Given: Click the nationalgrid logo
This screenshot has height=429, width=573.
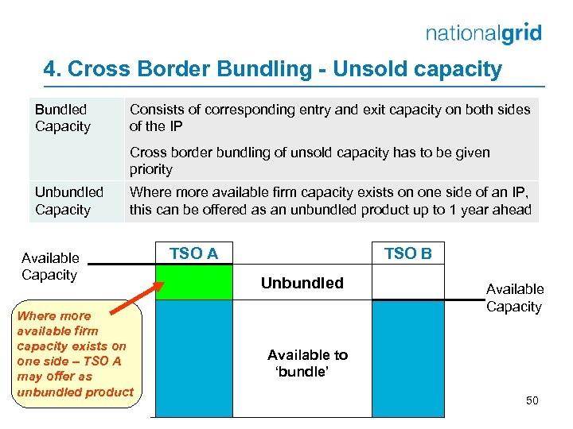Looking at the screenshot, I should coord(483,33).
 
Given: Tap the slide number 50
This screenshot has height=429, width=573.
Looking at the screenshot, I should coord(532,400).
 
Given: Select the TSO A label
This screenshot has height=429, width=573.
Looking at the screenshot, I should coord(193,253).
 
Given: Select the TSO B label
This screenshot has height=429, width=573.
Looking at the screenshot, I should coord(407,253).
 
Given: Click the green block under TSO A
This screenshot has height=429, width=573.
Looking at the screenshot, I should coord(193,282).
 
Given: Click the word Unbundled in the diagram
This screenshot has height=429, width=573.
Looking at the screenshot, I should coord(302,283).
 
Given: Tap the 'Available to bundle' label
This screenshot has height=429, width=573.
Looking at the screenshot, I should coord(307,363).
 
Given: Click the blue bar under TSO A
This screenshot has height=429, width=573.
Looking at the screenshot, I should coord(193,357).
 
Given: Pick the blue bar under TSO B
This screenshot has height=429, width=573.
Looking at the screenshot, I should coord(407,357).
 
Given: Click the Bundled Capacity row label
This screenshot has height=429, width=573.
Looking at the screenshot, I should coord(62,118).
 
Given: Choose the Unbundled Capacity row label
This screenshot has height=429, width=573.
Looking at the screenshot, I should coord(68,201).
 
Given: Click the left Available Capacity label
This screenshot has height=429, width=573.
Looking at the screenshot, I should coord(50,266).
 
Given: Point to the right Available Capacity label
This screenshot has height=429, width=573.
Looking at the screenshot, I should coord(514,298).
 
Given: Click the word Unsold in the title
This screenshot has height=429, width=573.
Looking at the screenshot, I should coord(369,69).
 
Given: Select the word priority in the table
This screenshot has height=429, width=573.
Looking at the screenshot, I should coord(151,169).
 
